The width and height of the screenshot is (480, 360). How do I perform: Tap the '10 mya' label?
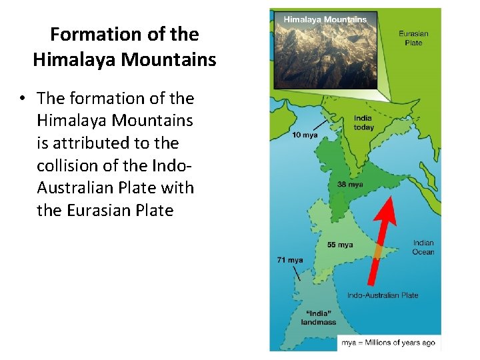tap(305, 135)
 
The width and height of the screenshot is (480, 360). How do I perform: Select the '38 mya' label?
tap(351, 185)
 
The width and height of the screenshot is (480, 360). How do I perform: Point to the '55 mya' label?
tap(340, 245)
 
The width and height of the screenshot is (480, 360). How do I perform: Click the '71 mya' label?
tap(290, 260)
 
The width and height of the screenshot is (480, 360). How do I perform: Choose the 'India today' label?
tap(363, 123)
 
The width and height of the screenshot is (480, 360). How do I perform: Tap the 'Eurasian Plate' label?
tap(413, 38)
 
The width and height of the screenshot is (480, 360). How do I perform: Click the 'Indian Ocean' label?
tap(423, 247)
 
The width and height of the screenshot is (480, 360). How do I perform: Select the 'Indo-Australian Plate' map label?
tap(383, 295)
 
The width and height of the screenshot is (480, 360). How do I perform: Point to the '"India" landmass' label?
tap(318, 317)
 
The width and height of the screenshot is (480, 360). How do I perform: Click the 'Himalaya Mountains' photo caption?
tap(325, 19)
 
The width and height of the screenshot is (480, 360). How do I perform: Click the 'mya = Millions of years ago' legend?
tap(389, 343)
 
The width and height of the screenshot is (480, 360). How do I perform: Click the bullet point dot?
tap(22, 99)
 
